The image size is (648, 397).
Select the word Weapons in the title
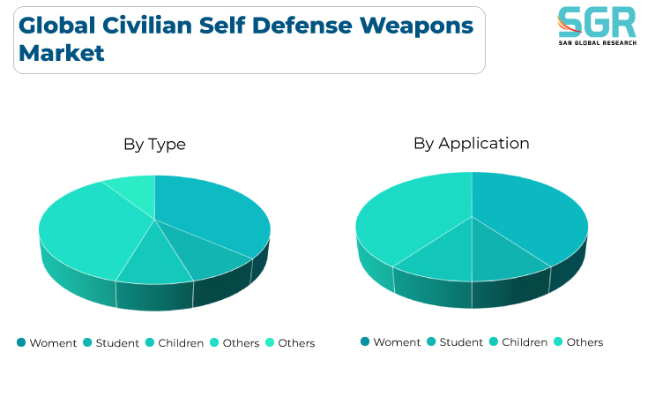click(416, 26)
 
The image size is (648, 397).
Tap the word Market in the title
click(61, 53)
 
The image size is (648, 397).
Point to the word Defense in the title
click(302, 26)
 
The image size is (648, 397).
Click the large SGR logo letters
click(598, 23)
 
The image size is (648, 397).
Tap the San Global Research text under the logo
click(598, 43)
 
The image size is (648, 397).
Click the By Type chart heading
click(154, 145)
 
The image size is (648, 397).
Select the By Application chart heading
click(472, 144)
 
